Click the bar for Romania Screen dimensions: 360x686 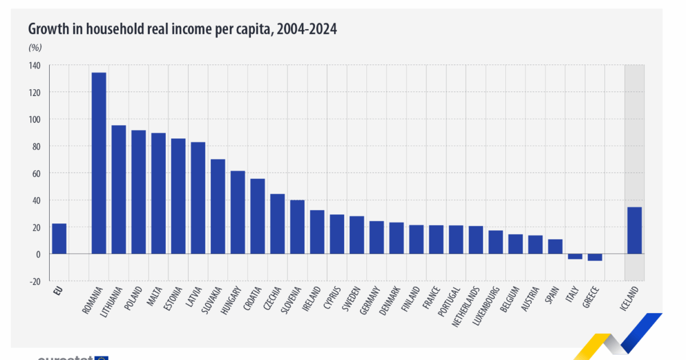99,163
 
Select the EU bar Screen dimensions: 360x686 59,238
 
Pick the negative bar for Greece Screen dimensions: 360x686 595,257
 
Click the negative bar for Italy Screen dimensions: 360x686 575,257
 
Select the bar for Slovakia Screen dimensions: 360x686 218,206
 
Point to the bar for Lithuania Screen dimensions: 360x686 118,189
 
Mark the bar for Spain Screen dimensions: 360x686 555,246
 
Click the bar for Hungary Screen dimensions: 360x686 238,212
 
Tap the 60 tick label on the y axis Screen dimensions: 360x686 37,173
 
